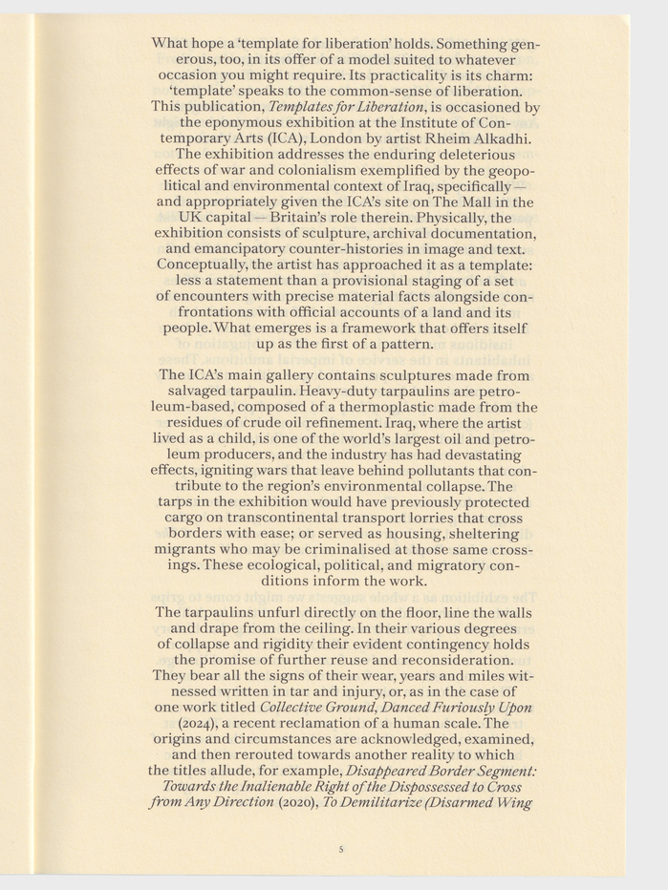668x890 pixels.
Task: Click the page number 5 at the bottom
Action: point(341,847)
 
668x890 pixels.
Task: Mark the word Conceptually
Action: point(204,264)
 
